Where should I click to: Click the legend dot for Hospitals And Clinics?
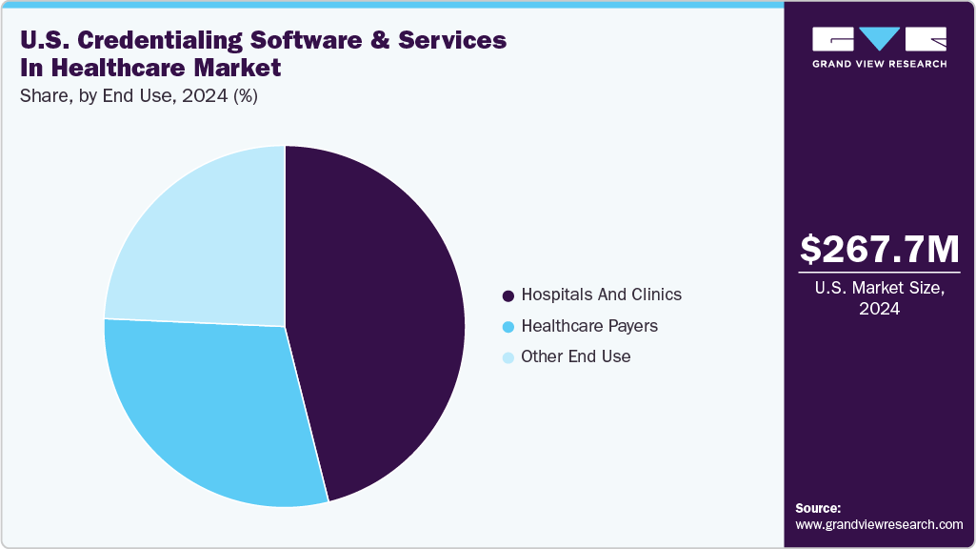tap(508, 295)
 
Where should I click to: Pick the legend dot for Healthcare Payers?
tap(508, 326)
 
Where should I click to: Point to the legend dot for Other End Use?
tap(508, 357)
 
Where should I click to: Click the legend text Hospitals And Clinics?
tap(601, 295)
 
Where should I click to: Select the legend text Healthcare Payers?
tap(588, 326)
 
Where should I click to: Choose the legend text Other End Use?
tap(575, 356)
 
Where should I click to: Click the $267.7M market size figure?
tap(879, 249)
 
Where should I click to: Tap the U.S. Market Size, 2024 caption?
tap(879, 299)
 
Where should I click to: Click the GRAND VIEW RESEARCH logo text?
tap(879, 64)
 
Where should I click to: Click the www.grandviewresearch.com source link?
tap(879, 524)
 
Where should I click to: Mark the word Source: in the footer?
tap(818, 508)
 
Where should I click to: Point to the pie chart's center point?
tap(285, 327)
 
